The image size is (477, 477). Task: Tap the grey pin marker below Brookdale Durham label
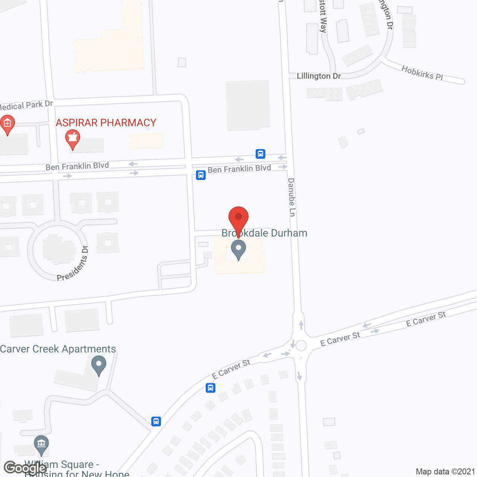[238, 249]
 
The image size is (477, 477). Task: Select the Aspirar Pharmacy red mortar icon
[73, 139]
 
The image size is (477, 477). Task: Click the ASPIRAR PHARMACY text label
[106, 123]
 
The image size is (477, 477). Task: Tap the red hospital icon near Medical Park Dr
[7, 123]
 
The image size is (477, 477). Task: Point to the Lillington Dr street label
[319, 76]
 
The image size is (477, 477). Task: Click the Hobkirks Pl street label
[422, 73]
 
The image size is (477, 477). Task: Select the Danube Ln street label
[292, 197]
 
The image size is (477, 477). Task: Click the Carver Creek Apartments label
[58, 349]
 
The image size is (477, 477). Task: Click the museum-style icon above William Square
[41, 444]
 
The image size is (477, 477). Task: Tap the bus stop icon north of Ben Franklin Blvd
[260, 154]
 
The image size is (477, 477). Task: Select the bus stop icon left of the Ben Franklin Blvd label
[201, 175]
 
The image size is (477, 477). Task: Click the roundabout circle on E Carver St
[301, 345]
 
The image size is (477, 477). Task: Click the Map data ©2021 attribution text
[445, 471]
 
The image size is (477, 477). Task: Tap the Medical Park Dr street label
[26, 105]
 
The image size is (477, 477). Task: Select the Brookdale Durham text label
[264, 233]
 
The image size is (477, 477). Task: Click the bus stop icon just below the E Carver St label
[211, 388]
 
